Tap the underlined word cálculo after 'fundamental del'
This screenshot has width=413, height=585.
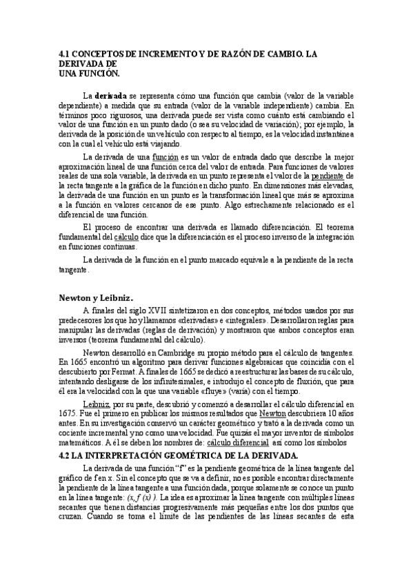pos(139,238)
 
